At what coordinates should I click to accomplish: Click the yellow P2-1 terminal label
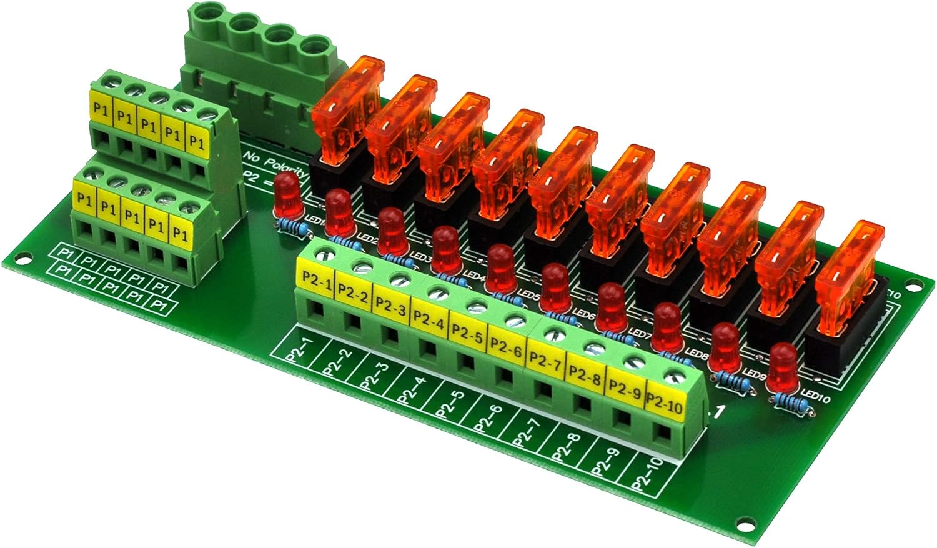pos(315,277)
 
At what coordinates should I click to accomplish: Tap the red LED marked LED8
pos(669,327)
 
